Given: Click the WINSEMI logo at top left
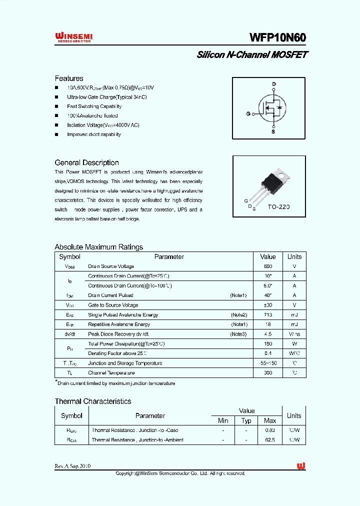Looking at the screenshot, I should [x=73, y=37].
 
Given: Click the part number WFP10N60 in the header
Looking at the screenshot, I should [x=277, y=38].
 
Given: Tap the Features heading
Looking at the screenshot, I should [x=69, y=78].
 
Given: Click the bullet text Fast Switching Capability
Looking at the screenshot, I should [x=94, y=106].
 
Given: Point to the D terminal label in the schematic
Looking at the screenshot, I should [x=273, y=84].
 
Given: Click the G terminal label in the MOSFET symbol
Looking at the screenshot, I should [x=247, y=114].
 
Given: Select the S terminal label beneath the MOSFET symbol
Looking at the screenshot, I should [x=273, y=132].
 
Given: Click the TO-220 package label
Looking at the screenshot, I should [x=278, y=206].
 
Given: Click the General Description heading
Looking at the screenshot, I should [x=86, y=162].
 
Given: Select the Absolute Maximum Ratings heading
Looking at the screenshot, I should [x=98, y=247].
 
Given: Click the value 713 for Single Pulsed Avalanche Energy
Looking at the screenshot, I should [x=268, y=315].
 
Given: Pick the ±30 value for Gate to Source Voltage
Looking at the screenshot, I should [x=268, y=305].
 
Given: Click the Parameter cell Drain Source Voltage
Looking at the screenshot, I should [x=111, y=266].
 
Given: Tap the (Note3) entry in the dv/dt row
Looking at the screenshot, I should [x=238, y=334].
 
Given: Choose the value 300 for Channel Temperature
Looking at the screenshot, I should [x=268, y=373].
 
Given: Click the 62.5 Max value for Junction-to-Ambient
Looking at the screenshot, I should [x=269, y=440].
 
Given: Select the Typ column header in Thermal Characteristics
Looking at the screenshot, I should [x=246, y=421].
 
